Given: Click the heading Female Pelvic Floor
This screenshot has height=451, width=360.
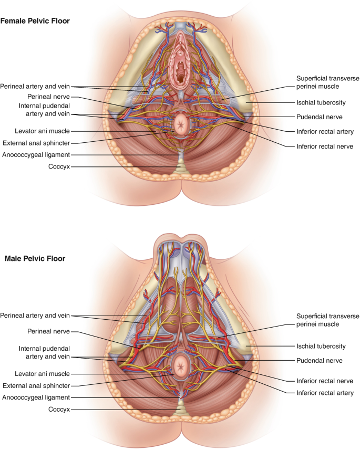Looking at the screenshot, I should point(35,21).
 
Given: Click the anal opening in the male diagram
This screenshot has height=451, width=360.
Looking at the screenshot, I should point(181,363).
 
